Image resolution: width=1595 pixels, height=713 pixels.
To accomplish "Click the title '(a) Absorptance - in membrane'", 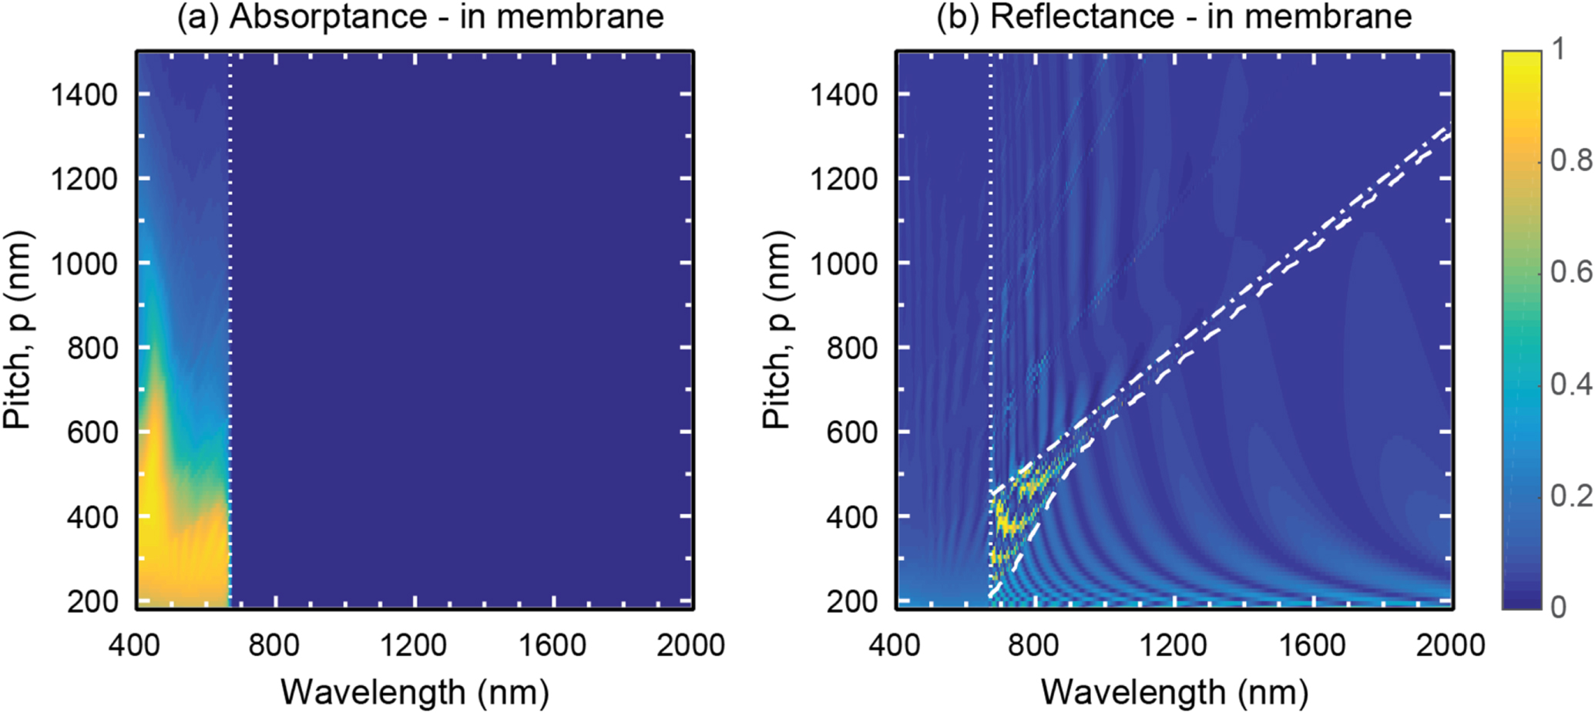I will [x=420, y=17].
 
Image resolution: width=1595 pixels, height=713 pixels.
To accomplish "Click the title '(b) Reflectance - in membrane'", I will [x=1174, y=17].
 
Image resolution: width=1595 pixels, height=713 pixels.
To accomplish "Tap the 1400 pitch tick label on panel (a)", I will [x=84, y=96].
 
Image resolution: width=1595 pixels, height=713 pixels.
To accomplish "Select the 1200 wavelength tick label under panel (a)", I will [x=414, y=644].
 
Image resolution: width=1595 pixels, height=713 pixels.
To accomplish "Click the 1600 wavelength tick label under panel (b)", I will [x=1312, y=644].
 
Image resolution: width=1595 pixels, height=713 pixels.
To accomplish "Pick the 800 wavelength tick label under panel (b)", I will [x=1033, y=644].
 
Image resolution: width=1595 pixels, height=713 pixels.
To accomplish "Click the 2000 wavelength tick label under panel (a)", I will [x=690, y=644].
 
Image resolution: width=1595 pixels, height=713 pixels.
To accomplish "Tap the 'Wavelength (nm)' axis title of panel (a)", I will [x=415, y=691].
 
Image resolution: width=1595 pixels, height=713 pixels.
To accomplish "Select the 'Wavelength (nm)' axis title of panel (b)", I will [x=1174, y=691].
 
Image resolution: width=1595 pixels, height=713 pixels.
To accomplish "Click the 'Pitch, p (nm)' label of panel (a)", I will [x=17, y=330].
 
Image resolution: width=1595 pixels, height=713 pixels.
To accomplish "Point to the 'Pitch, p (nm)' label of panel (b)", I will [x=777, y=330].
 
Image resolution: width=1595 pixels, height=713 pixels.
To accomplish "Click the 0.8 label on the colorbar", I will [x=1570, y=160].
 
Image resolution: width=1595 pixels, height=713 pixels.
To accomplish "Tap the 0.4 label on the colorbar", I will [x=1570, y=383].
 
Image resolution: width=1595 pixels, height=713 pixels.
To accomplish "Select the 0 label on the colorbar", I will [x=1559, y=607].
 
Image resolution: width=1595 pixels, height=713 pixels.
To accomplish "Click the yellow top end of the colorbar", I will [x=1521, y=58].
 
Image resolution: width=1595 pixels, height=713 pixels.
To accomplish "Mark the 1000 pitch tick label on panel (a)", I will [x=84, y=264].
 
